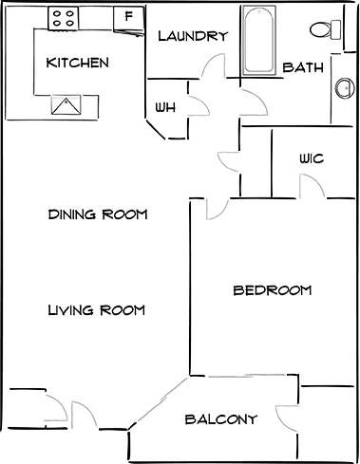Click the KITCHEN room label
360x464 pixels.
click(x=78, y=64)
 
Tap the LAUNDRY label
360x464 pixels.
click(x=193, y=37)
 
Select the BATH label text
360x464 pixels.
click(x=304, y=68)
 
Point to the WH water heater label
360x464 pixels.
click(x=165, y=107)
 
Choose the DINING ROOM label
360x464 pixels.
click(x=98, y=214)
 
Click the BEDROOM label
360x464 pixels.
click(x=273, y=290)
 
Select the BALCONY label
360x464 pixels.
click(x=220, y=419)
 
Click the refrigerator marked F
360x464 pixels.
click(x=127, y=16)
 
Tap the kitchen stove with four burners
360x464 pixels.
click(x=65, y=16)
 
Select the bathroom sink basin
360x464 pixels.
click(x=343, y=90)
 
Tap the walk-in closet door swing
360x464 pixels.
click(x=314, y=188)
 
